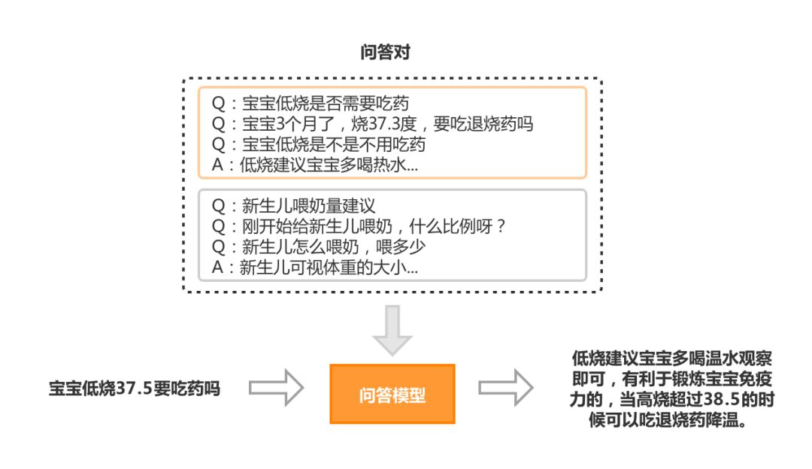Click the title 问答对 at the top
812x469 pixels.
point(384,53)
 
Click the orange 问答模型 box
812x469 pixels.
point(392,395)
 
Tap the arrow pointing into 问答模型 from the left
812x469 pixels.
point(276,388)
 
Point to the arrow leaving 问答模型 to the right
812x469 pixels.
point(506,388)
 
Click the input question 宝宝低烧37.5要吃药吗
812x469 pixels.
point(135,389)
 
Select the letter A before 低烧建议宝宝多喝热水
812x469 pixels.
point(217,165)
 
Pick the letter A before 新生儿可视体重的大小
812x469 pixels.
point(217,267)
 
